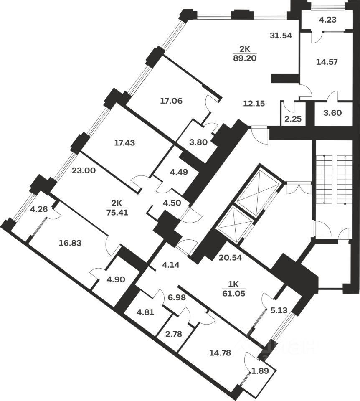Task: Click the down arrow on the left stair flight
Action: tap(324, 201)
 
